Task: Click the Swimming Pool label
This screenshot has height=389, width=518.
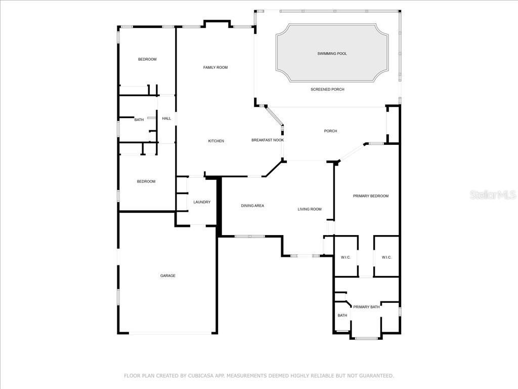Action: pos(332,54)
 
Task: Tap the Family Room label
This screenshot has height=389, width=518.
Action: pos(215,67)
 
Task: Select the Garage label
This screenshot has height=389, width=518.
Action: pos(168,276)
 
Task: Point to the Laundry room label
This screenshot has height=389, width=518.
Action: pos(202,202)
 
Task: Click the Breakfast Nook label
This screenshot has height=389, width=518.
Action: pos(268,140)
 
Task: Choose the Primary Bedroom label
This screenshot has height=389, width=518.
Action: pos(371,196)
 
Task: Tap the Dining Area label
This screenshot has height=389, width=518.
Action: pos(252,206)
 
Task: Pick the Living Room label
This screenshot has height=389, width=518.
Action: pos(310,209)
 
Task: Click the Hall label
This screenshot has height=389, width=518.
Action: pos(166,119)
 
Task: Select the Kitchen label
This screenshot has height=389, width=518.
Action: pos(216,141)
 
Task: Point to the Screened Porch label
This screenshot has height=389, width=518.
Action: pos(327,89)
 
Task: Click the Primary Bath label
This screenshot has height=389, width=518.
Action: pos(366,307)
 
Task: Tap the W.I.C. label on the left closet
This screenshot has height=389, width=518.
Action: pos(346,257)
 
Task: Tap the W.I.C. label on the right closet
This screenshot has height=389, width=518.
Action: pos(386,257)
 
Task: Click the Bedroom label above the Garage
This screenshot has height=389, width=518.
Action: pos(146,181)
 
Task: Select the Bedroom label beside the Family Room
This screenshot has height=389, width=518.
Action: pos(147,59)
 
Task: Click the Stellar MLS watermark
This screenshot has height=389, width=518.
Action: pos(493,194)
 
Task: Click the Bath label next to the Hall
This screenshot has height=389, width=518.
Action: pos(139,120)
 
